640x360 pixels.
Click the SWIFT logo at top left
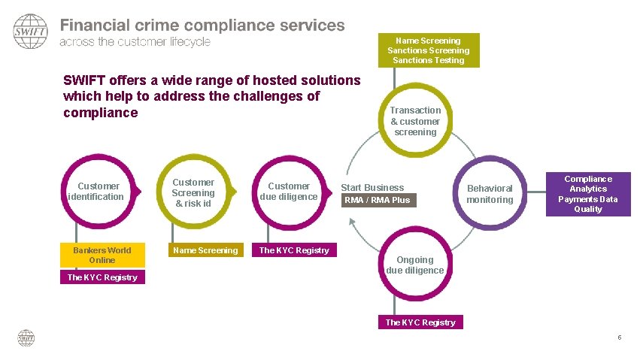pyautogui.click(x=30, y=31)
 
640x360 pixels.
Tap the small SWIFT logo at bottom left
pyautogui.click(x=26, y=337)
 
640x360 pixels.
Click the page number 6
pyautogui.click(x=619, y=337)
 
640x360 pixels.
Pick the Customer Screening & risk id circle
pyautogui.click(x=193, y=192)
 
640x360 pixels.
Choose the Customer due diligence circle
pyautogui.click(x=289, y=191)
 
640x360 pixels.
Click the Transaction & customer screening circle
pyautogui.click(x=415, y=121)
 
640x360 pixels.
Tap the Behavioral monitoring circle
pyautogui.click(x=490, y=194)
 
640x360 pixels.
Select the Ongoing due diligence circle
pyautogui.click(x=415, y=265)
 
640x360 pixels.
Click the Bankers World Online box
pyautogui.click(x=102, y=256)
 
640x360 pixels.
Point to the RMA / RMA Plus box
pyautogui.click(x=378, y=200)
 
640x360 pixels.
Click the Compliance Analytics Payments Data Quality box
pyautogui.click(x=588, y=194)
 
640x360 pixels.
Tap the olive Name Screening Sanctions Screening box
pyautogui.click(x=428, y=50)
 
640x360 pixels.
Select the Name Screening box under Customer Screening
pyautogui.click(x=205, y=250)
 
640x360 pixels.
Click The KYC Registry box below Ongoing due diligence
pyautogui.click(x=420, y=322)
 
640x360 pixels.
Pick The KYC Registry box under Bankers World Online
pyautogui.click(x=102, y=277)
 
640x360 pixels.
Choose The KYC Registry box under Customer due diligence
pyautogui.click(x=294, y=250)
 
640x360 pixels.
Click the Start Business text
pyautogui.click(x=372, y=187)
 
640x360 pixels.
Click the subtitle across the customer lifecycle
pyautogui.click(x=135, y=42)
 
